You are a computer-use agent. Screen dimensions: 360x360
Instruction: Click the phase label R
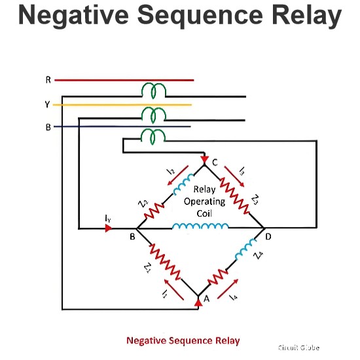(x=48, y=80)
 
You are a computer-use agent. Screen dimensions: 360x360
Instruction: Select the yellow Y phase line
(x=122, y=105)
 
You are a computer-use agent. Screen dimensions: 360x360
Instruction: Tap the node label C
(x=215, y=162)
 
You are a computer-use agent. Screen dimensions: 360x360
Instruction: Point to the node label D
(x=268, y=236)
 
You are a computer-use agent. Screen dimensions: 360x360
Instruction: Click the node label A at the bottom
(x=207, y=298)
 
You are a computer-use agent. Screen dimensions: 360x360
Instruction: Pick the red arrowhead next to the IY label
(x=109, y=228)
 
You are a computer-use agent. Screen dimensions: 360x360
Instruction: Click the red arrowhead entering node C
(x=204, y=160)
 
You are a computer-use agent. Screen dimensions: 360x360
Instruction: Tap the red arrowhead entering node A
(x=198, y=302)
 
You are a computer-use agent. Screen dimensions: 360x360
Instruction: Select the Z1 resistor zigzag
(x=165, y=262)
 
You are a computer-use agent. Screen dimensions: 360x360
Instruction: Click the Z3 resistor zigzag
(x=234, y=196)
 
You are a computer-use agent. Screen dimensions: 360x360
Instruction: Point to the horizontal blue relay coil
(x=200, y=226)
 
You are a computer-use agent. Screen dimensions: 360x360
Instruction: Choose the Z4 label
(x=259, y=255)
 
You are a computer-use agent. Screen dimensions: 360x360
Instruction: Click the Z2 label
(x=143, y=204)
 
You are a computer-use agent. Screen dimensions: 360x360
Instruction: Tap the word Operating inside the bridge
(x=204, y=202)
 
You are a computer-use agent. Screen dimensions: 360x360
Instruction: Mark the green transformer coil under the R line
(x=153, y=91)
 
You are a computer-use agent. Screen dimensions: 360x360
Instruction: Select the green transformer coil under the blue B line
(x=153, y=137)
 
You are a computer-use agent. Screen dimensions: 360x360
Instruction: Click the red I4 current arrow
(x=228, y=289)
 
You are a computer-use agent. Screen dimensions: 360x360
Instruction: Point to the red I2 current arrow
(x=178, y=175)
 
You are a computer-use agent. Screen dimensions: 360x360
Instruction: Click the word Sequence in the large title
(x=200, y=16)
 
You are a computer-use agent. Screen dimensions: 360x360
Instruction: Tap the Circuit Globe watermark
(x=298, y=348)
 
